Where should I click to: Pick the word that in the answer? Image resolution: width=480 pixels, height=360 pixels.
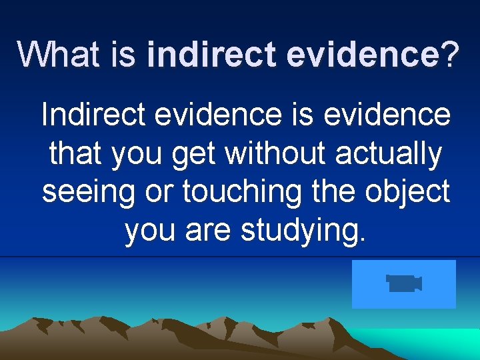pos(76,153)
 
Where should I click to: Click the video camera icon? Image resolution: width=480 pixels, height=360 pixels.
pos(404,283)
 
